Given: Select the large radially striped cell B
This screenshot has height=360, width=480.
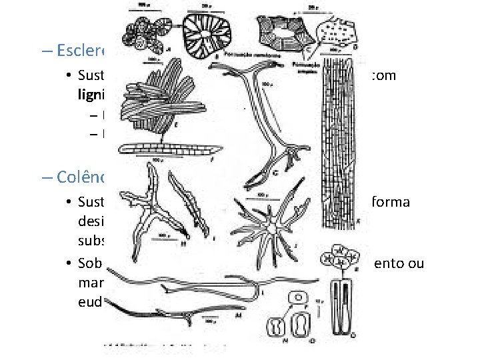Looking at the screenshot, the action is pos(208,33).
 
